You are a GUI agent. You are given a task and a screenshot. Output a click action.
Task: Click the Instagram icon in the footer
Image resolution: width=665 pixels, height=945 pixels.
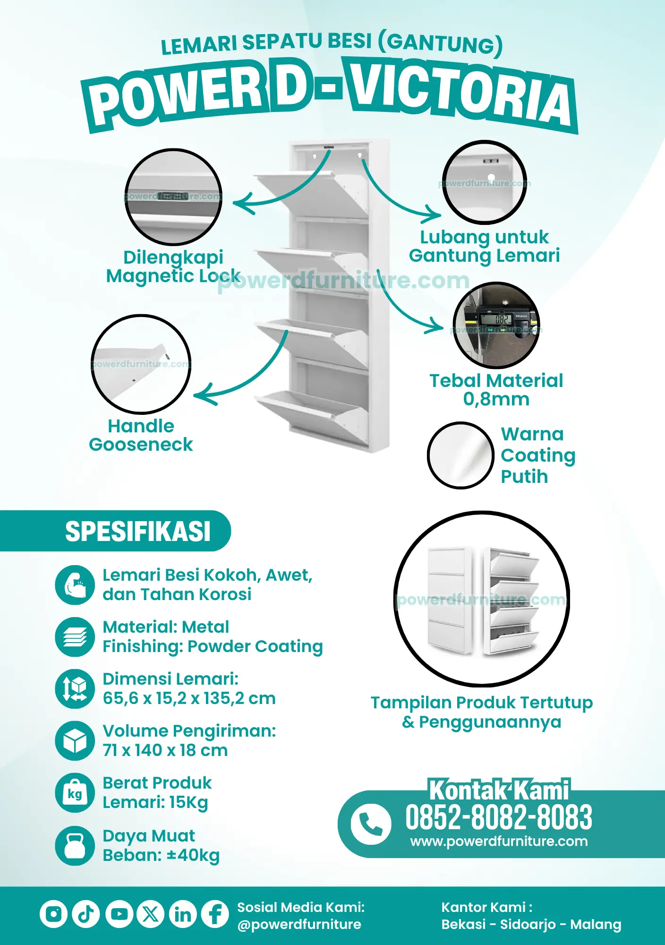coord(53,914)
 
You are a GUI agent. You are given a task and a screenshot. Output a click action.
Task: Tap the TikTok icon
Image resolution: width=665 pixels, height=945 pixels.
coord(86,914)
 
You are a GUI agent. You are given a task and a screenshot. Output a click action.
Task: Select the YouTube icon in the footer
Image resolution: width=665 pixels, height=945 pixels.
coord(119,914)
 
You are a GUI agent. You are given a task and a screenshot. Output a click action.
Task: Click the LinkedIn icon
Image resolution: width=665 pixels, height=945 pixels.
coord(183,914)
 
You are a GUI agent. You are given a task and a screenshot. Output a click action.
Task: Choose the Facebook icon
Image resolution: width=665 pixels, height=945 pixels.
coord(215,914)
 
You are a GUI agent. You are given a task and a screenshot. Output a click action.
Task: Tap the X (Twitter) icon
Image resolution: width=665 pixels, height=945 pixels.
coord(151,914)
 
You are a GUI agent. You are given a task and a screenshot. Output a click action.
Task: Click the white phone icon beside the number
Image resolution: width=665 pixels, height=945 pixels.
coord(371,824)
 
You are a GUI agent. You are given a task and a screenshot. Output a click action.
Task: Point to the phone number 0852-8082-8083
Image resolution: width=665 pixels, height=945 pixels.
coord(498,817)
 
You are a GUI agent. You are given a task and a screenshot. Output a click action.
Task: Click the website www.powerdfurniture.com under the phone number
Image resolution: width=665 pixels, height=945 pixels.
coord(499,842)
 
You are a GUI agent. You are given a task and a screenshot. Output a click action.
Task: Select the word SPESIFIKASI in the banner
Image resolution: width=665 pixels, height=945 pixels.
coord(138,531)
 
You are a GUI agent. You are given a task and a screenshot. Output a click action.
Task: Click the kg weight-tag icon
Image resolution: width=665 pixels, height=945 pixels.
coord(75,793)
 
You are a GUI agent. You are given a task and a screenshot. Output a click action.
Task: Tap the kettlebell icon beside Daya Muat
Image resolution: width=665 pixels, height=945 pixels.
coord(75,846)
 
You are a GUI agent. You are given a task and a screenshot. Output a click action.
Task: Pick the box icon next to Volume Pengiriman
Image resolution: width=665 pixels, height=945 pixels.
coord(75,741)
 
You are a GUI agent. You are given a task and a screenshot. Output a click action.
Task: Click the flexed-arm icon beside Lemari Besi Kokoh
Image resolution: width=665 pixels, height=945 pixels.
coord(75,585)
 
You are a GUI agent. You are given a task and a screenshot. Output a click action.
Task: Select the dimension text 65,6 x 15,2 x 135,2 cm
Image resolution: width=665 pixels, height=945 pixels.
coord(189,698)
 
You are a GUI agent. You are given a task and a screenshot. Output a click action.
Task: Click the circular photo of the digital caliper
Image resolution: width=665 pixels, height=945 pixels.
coord(496,325)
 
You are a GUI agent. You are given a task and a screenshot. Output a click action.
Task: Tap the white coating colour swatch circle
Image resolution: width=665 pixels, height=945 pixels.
coord(460,455)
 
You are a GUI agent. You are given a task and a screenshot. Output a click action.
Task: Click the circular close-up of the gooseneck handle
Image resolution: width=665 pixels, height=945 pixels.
coord(141,364)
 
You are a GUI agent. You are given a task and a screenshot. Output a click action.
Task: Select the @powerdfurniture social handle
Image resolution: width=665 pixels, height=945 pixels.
coord(299,925)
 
